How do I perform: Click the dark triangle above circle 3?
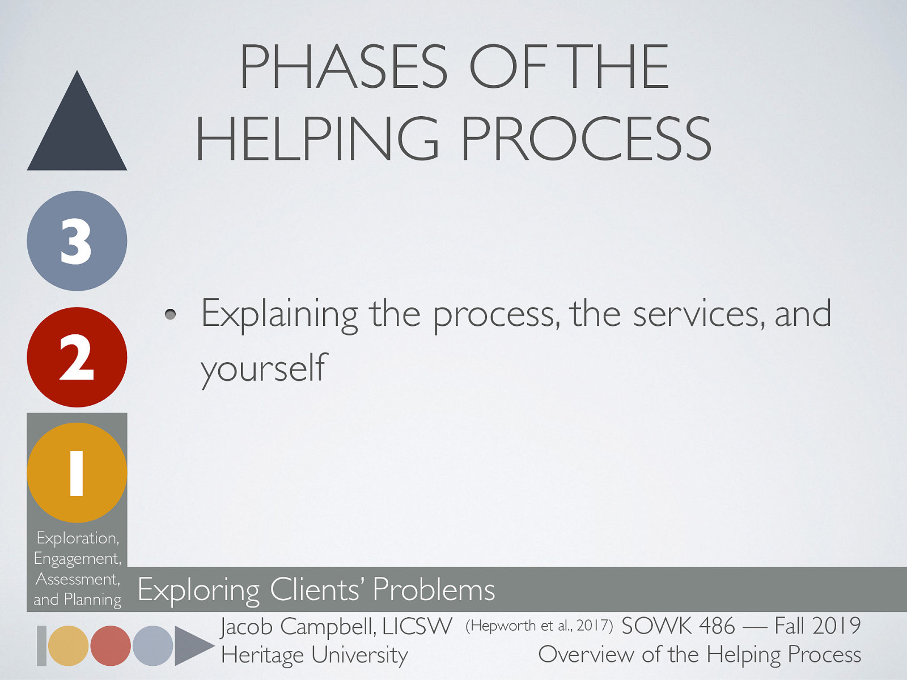[x=77, y=132]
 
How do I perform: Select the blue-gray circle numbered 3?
[x=77, y=241]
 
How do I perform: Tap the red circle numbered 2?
[x=77, y=357]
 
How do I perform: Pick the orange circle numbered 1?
[x=77, y=473]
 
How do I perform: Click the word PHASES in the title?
[x=344, y=66]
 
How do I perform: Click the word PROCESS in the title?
[x=586, y=138]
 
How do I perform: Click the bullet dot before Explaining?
[x=170, y=314]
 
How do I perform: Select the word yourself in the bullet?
[x=264, y=369]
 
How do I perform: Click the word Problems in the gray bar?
[x=434, y=589]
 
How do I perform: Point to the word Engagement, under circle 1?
[x=78, y=559]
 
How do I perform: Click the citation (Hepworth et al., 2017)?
[x=539, y=626]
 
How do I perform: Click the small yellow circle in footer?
[x=68, y=646]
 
